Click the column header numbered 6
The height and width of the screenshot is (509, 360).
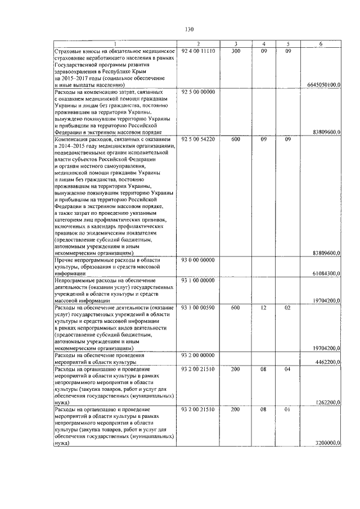pyautogui.click(x=321, y=44)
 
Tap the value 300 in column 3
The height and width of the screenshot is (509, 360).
pyautogui.click(x=236, y=51)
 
